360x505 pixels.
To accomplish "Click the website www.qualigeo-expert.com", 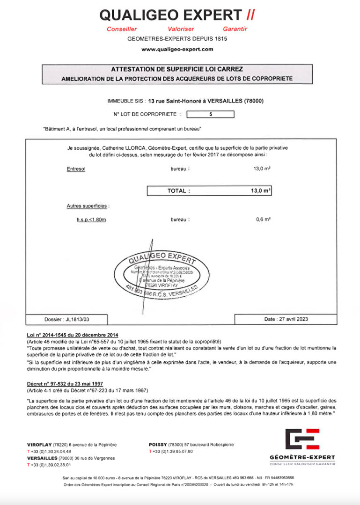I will (x=177, y=49).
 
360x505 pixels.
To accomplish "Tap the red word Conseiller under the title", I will (x=122, y=29).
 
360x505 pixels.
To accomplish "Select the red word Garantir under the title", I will (x=235, y=29).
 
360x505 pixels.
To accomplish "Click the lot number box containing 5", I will (x=210, y=114).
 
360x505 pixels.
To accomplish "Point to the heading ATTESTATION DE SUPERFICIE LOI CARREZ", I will (x=177, y=69).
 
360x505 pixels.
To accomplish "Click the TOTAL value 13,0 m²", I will (x=261, y=190).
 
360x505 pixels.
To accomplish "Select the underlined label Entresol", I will (x=76, y=169).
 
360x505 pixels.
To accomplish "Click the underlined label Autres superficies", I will (x=88, y=206).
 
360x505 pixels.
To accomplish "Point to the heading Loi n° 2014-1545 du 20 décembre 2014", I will (x=73, y=335).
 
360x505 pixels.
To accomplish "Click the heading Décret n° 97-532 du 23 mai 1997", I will (x=65, y=384).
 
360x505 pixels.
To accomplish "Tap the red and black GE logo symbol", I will (x=302, y=439).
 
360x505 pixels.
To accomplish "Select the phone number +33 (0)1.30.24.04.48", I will (x=51, y=452).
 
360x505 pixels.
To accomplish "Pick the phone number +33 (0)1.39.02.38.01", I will (x=51, y=465).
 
